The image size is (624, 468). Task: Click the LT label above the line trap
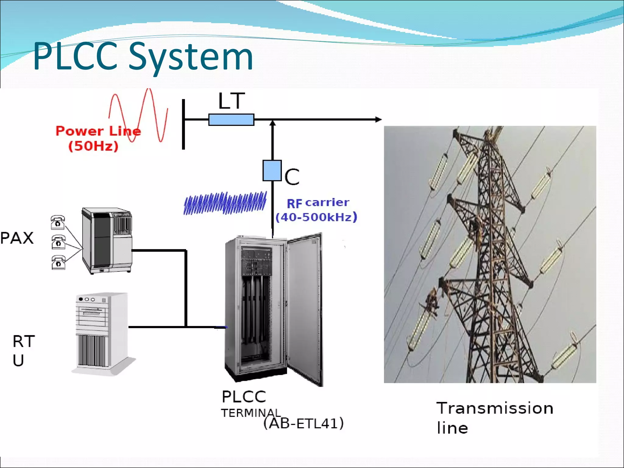point(232,101)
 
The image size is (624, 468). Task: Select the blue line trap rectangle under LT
point(231,120)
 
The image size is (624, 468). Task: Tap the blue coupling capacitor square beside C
point(272,171)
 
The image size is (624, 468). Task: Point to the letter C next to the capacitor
point(292,177)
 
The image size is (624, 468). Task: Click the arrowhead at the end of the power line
point(378,119)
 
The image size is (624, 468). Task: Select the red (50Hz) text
point(93,146)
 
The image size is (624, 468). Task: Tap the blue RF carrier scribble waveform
point(225,203)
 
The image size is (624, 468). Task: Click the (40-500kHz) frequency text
point(316,217)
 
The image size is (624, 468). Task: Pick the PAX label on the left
point(17,238)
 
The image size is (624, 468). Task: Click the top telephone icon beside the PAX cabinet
point(58,222)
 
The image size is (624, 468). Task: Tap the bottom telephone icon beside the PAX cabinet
point(58,262)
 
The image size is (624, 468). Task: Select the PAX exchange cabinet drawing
point(107,241)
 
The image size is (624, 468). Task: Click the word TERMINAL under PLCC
point(250,413)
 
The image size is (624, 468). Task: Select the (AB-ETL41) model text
point(303,423)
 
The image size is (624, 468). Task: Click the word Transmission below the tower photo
point(495,408)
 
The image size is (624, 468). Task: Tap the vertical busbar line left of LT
point(183,124)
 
